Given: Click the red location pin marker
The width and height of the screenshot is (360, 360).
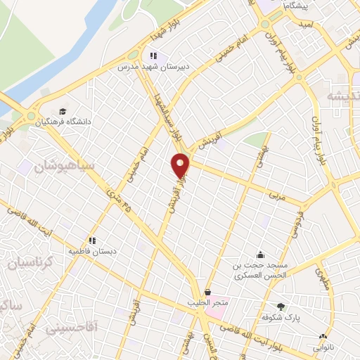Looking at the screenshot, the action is coord(181,165).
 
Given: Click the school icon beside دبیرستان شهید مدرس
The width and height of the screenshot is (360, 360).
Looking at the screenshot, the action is coord(153,56).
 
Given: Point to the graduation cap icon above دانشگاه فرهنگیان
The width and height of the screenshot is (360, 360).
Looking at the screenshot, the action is coord(63,111).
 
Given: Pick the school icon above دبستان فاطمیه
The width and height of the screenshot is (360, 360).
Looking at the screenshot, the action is coord(92,240).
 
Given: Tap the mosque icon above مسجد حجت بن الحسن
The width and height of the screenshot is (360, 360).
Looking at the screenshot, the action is coord(261,255).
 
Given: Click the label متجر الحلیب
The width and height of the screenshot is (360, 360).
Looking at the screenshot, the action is coord(209,302).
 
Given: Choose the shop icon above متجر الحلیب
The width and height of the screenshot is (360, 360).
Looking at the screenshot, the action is coord(207,292).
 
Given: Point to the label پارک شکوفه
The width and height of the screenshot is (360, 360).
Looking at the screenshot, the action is coord(281,316).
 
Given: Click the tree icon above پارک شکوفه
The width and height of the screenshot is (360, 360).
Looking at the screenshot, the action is coord(281,306).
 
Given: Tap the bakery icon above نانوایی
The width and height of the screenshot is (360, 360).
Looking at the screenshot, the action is coord(323,336).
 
